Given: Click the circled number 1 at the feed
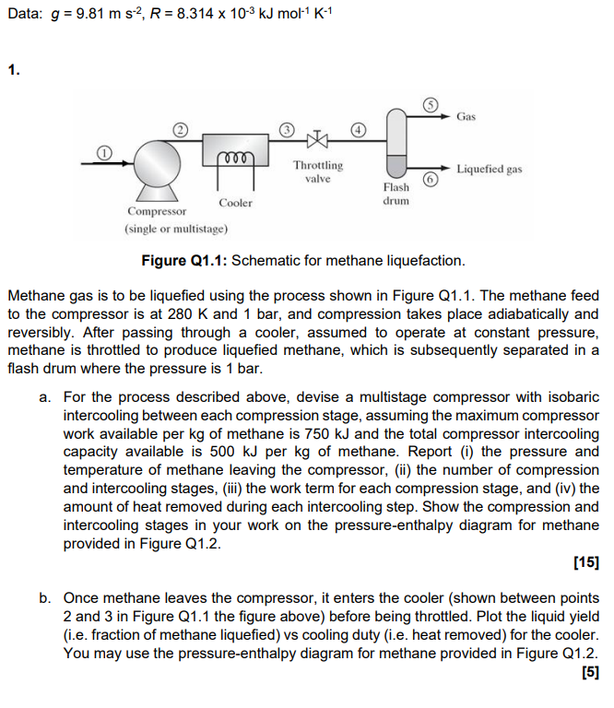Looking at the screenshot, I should click(105, 150).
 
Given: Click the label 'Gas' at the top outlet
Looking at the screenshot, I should click(466, 117).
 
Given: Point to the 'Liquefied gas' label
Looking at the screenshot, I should click(490, 170).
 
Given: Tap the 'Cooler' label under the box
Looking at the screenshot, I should click(235, 203).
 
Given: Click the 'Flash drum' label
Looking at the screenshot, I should click(396, 195).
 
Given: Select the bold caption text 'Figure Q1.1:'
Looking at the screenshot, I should click(183, 261).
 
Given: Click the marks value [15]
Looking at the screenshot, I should click(585, 561).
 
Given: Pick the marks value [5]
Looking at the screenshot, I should click(589, 671).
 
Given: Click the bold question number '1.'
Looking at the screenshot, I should click(12, 69).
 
